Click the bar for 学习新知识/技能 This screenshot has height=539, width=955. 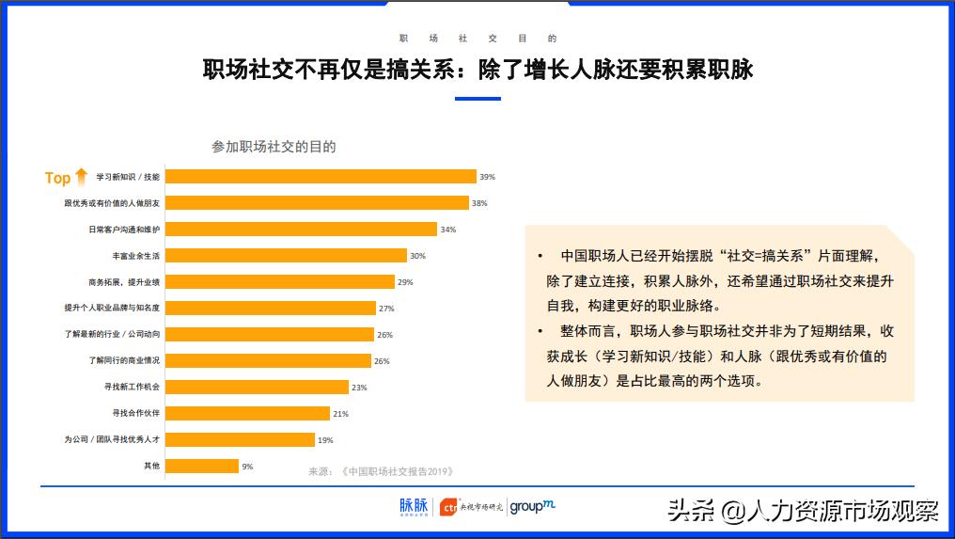pyautogui.click(x=321, y=177)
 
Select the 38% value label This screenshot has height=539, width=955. pyautogui.click(x=479, y=203)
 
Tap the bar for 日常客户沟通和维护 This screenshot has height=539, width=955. pyautogui.click(x=301, y=230)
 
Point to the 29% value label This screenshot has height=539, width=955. pyautogui.click(x=405, y=282)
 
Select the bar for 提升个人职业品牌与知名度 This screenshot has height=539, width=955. pyautogui.click(x=270, y=309)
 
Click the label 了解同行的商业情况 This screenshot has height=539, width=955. pyautogui.click(x=124, y=361)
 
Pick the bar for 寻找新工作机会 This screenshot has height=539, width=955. pyautogui.click(x=257, y=388)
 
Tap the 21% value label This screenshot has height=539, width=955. pyautogui.click(x=340, y=414)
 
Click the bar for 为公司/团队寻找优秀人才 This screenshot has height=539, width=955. pyautogui.click(x=240, y=439)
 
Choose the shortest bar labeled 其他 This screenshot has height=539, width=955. pyautogui.click(x=201, y=466)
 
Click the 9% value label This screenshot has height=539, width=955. pyautogui.click(x=247, y=467)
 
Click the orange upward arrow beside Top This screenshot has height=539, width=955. pyautogui.click(x=81, y=176)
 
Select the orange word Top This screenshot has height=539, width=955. pyautogui.click(x=57, y=178)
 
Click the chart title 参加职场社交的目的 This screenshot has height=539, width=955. pyautogui.click(x=274, y=147)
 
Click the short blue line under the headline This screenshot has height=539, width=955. pyautogui.click(x=477, y=98)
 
